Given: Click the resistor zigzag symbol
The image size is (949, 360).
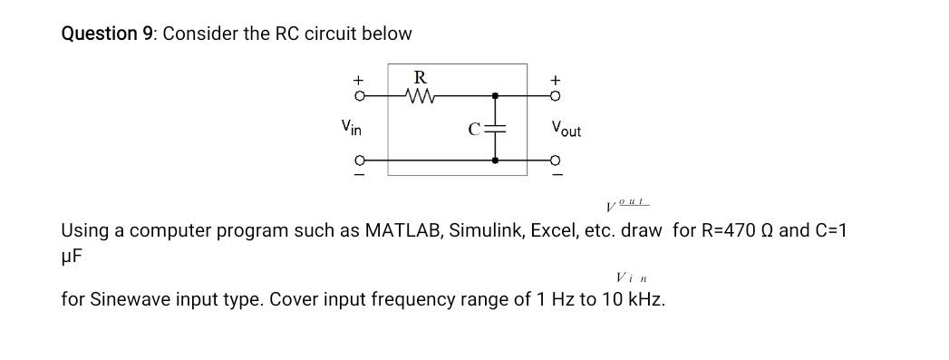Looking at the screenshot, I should pyautogui.click(x=421, y=93).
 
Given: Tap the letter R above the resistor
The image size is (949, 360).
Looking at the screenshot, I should pyautogui.click(x=420, y=75).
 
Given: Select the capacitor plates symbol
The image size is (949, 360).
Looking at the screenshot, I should pyautogui.click(x=494, y=128).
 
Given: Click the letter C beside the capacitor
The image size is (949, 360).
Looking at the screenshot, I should pyautogui.click(x=474, y=129).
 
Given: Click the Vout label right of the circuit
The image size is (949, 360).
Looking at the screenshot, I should pyautogui.click(x=566, y=130).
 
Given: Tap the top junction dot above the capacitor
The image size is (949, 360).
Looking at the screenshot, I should pyautogui.click(x=494, y=94).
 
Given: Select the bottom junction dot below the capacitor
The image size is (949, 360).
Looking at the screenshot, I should pyautogui.click(x=494, y=160).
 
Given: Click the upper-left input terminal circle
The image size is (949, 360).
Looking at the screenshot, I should pyautogui.click(x=359, y=94).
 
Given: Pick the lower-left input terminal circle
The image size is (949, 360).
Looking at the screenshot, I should pyautogui.click(x=359, y=160).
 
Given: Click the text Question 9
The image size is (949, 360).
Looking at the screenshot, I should pyautogui.click(x=107, y=34).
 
